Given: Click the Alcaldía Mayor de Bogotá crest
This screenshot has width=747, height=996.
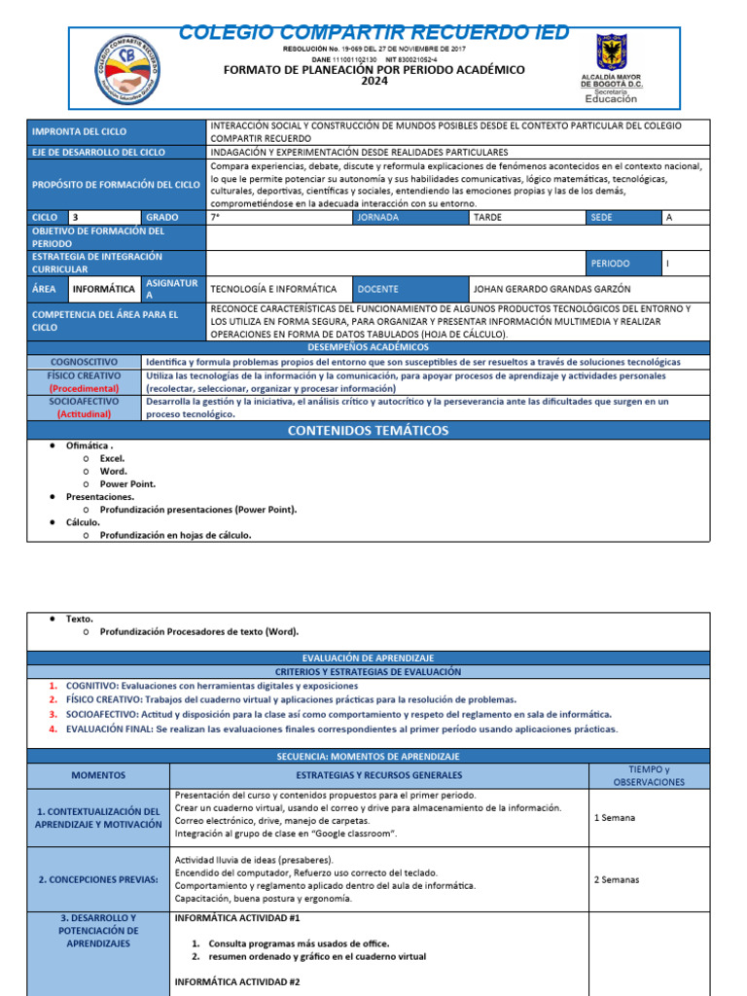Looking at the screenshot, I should coord(612,56).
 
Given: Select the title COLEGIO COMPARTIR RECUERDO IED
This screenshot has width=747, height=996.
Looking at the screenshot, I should coord(374,33).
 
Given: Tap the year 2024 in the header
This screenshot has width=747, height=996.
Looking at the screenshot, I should coord(374,82).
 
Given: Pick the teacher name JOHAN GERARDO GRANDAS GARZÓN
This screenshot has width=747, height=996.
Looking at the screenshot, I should coord(551,289).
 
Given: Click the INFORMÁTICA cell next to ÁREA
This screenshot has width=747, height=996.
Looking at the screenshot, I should coord(103,289).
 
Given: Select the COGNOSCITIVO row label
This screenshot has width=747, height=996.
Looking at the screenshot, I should coord(86,361).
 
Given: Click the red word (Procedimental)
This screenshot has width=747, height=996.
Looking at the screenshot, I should coord(86,388).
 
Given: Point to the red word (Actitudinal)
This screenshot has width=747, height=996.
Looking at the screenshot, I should coord(86,413).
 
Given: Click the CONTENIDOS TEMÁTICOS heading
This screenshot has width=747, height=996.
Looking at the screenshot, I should coord(368,430).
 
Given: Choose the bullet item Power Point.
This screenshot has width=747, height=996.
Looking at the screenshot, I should coord(127,483).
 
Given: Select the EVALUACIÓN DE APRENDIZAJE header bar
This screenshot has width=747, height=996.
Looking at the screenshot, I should coord(368,658).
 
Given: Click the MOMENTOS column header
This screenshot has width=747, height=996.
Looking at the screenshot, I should coord(98,775).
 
